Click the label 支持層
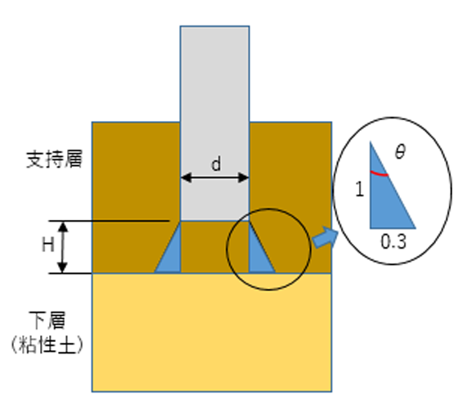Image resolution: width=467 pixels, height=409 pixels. (54, 160)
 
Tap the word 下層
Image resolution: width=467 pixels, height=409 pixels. (47, 321)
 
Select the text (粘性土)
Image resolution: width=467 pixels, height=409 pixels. (47, 344)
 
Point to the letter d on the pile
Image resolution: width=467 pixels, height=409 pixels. (216, 164)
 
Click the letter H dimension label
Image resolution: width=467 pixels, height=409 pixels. (48, 245)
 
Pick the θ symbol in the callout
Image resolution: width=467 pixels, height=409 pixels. (400, 151)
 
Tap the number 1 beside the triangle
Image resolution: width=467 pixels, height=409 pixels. (360, 189)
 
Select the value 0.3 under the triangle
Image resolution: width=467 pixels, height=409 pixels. (393, 241)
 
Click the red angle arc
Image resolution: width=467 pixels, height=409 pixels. (379, 174)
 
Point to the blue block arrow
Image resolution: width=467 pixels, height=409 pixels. (326, 238)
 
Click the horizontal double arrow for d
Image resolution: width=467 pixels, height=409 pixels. (215, 178)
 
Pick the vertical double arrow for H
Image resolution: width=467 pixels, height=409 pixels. (62, 247)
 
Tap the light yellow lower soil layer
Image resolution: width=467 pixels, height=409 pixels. (212, 332)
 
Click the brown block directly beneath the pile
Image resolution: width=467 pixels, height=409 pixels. (215, 247)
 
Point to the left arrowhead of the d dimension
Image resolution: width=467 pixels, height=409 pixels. (186, 178)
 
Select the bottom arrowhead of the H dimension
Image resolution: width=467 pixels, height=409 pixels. (62, 267)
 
